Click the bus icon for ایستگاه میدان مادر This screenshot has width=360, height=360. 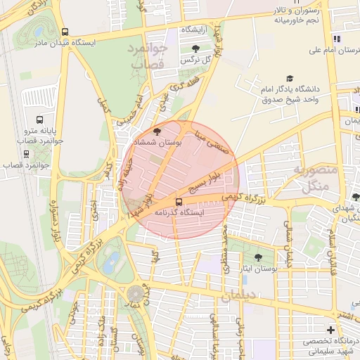[x=65, y=32]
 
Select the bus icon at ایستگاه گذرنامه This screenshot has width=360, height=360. [x=177, y=201]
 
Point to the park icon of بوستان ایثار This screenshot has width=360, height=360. [x=259, y=258]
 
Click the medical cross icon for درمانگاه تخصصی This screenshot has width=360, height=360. [x=330, y=330]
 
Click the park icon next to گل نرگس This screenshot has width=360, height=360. [x=195, y=49]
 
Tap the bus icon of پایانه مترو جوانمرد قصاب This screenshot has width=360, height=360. [x=39, y=120]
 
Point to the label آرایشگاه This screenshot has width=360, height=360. [x=198, y=30]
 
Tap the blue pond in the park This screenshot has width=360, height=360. [x=110, y=264]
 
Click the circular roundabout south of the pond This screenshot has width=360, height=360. [x=134, y=294]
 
